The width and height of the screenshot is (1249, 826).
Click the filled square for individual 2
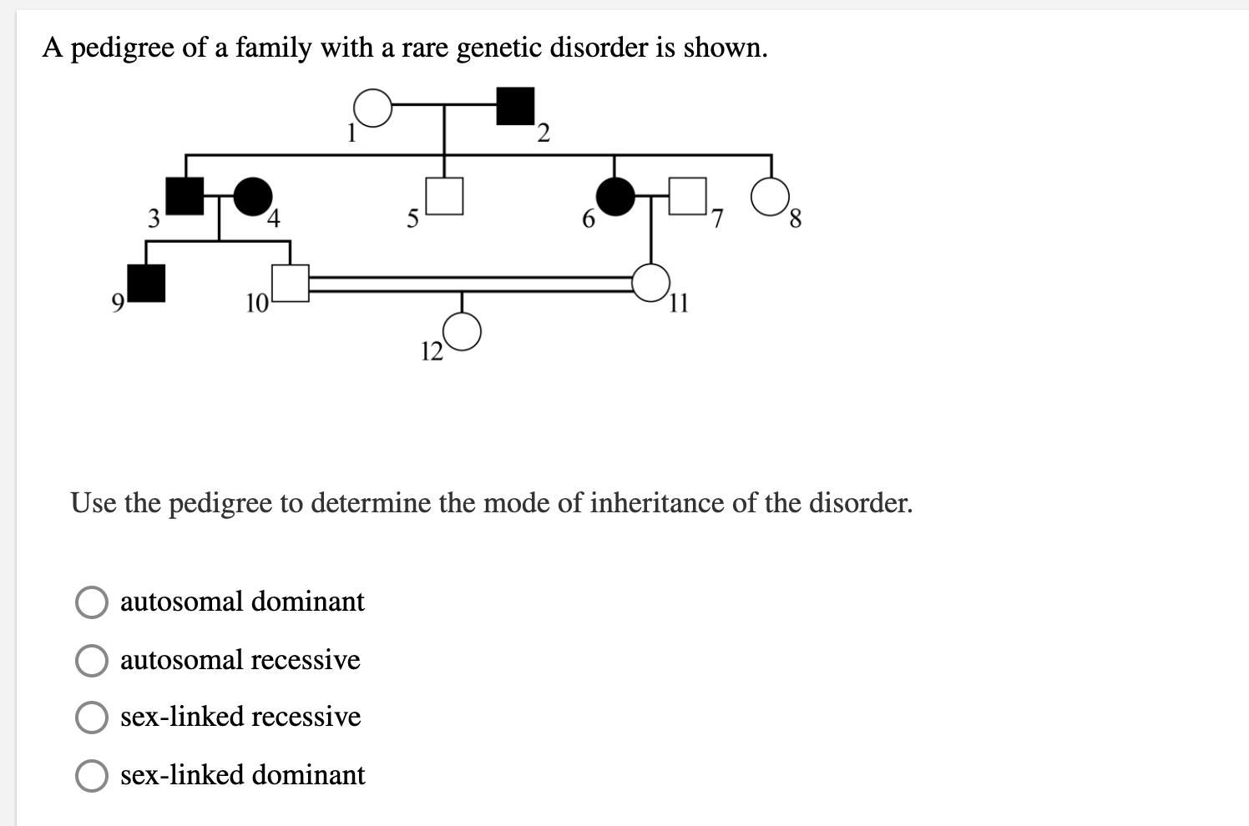click(x=515, y=106)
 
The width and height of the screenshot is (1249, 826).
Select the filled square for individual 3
click(x=185, y=197)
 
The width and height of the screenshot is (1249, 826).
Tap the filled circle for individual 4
click(x=253, y=197)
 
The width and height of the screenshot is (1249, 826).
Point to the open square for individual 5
click(x=444, y=197)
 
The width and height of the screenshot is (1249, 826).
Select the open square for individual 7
click(x=688, y=197)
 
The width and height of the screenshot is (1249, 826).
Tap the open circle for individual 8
click(x=770, y=197)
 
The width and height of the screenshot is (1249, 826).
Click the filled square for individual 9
click(x=146, y=282)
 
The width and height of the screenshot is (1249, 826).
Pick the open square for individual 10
click(x=291, y=282)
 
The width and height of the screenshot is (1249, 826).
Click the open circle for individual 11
click(x=651, y=282)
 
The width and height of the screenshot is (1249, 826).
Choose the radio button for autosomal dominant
click(x=92, y=602)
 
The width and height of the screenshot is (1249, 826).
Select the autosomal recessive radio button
click(x=92, y=661)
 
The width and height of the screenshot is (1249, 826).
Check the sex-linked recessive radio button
click(x=92, y=718)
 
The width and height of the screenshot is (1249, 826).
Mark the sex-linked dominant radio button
click(x=92, y=776)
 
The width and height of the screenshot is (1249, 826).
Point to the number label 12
click(x=432, y=352)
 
